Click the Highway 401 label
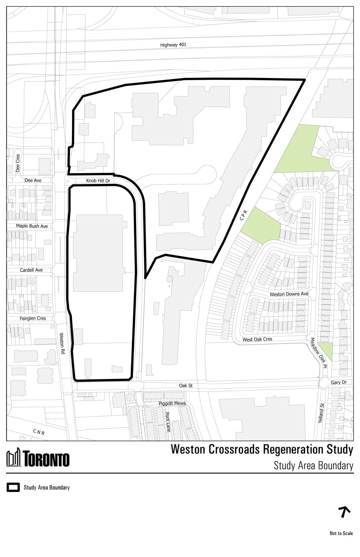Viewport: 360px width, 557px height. click(x=173, y=45)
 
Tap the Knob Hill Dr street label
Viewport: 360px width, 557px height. click(x=98, y=181)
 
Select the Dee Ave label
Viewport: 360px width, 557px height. click(x=33, y=181)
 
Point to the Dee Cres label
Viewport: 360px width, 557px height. click(x=18, y=163)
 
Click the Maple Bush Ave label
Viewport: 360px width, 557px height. click(x=32, y=226)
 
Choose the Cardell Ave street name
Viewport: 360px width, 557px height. click(x=31, y=270)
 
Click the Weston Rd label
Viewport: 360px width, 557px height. click(x=62, y=343)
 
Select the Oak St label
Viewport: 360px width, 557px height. click(x=186, y=386)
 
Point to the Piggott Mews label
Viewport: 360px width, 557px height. click(x=172, y=403)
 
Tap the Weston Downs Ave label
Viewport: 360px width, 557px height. click(x=289, y=294)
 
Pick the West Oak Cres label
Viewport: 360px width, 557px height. click(x=257, y=340)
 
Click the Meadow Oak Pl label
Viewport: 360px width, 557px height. click(x=318, y=353)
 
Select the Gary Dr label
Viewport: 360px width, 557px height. click(x=339, y=382)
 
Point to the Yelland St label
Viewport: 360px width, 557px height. click(x=320, y=410)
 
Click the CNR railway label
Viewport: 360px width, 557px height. click(x=39, y=432)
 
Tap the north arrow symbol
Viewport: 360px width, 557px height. click(x=345, y=512)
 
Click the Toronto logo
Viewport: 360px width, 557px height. click(x=38, y=459)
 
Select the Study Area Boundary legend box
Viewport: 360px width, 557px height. click(x=13, y=488)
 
